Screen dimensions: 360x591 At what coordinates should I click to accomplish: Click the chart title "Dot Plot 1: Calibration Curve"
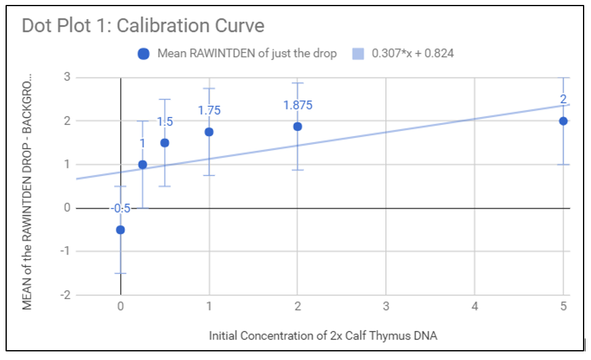point(143,26)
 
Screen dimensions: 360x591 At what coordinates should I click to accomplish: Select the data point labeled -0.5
point(121,230)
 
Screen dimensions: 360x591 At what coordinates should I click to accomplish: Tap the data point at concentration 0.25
point(143,164)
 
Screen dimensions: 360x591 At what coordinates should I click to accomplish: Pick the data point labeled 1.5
point(165,143)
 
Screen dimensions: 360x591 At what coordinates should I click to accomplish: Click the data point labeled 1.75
point(209,132)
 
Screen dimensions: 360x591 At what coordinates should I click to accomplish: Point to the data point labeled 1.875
point(298,126)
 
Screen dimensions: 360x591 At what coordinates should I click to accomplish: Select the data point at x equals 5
point(563,121)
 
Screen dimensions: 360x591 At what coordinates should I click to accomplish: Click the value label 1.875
point(298,105)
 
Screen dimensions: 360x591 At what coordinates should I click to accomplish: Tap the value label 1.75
point(209,110)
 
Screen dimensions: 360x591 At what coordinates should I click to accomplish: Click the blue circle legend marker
point(143,54)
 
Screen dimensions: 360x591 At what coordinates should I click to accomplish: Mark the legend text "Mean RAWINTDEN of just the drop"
point(247,54)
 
